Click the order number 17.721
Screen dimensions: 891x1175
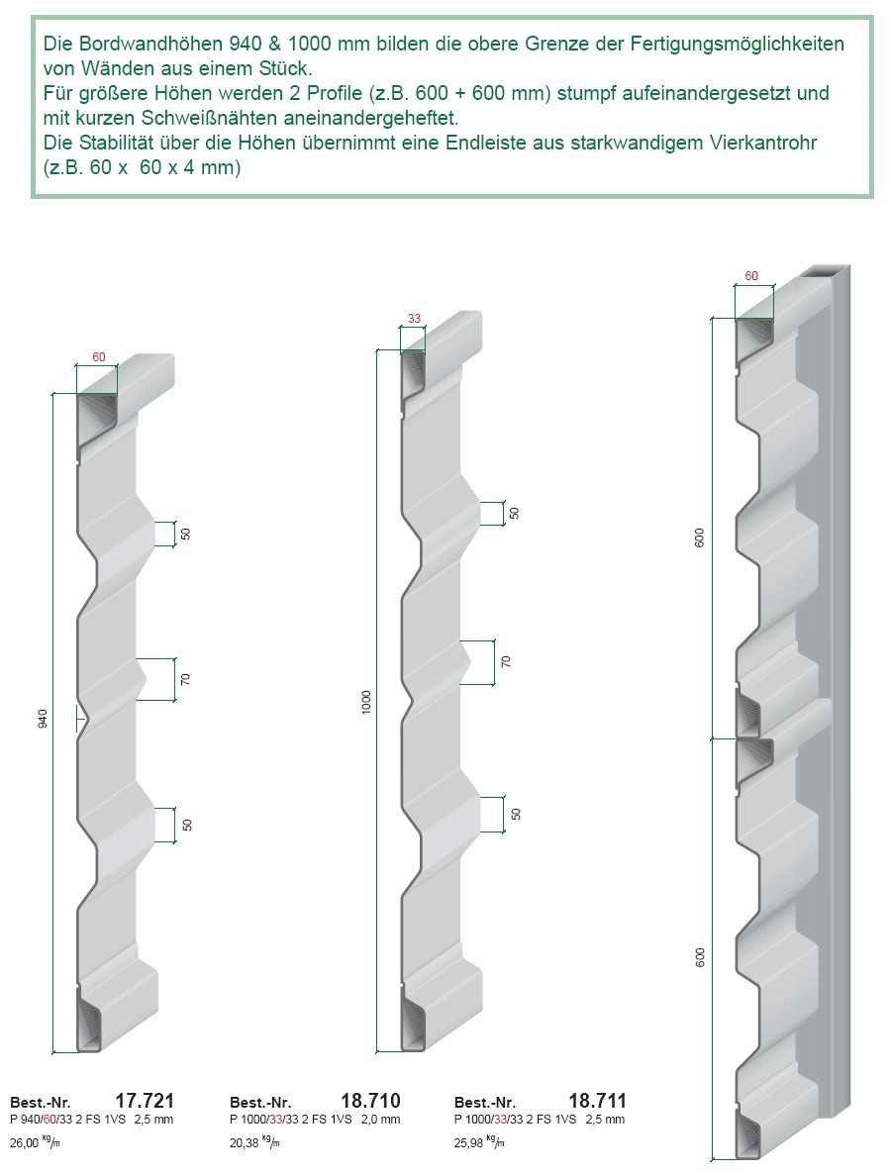click(144, 1101)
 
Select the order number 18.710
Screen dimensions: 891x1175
click(370, 1101)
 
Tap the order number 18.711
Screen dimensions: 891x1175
click(597, 1101)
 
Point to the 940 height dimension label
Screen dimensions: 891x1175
click(43, 719)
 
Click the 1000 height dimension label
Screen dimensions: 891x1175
click(366, 702)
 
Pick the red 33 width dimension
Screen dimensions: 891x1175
click(414, 319)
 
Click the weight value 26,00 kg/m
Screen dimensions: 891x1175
click(35, 1143)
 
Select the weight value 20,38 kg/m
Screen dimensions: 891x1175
click(254, 1143)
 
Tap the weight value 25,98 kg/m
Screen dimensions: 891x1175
click(479, 1143)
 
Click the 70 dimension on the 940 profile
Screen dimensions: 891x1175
click(186, 679)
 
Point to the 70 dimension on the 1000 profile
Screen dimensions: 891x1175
click(506, 661)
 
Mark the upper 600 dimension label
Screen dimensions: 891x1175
click(699, 538)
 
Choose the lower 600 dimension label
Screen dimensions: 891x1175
click(700, 957)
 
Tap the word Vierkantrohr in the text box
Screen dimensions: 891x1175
click(763, 143)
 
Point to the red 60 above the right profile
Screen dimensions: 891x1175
click(750, 276)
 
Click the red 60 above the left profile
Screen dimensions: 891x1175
click(99, 357)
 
